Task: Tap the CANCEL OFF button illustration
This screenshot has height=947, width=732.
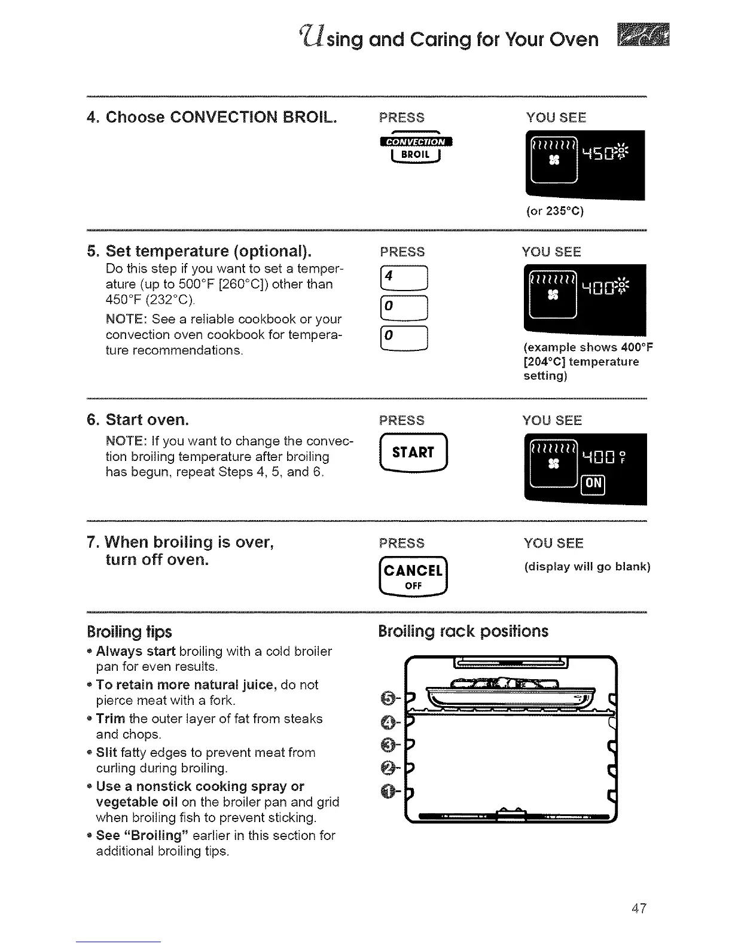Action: coord(413,578)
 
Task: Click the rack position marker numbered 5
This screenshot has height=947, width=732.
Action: coord(388,697)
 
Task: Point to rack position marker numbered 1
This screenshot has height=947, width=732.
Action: coord(388,793)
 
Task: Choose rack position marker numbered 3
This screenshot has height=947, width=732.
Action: coord(388,745)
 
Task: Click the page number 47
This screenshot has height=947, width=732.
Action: coord(639,909)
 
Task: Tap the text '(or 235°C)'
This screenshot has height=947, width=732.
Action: coord(555,211)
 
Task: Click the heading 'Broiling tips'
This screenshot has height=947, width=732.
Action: coord(129,631)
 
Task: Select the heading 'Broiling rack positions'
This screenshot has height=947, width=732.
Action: coord(463,631)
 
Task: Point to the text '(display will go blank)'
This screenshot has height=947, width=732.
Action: coord(587,567)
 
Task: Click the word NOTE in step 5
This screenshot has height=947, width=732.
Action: coord(124,319)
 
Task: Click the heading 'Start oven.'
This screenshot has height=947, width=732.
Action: coord(147,420)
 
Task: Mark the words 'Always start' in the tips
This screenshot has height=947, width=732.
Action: coord(136,651)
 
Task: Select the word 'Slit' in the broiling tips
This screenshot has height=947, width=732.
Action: coord(106,753)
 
